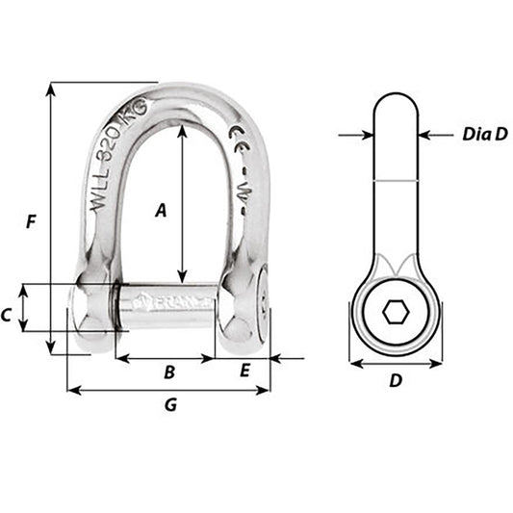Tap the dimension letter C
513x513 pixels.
pyautogui.click(x=7, y=314)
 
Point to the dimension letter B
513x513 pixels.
pyautogui.click(x=168, y=372)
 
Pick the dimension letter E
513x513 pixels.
pyautogui.click(x=244, y=370)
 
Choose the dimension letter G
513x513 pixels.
pyautogui.click(x=170, y=405)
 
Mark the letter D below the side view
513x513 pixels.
pyautogui.click(x=395, y=380)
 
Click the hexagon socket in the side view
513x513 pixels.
pyautogui.click(x=395, y=313)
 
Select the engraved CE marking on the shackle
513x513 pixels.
pyautogui.click(x=235, y=140)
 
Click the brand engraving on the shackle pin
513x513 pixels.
pyautogui.click(x=164, y=300)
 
